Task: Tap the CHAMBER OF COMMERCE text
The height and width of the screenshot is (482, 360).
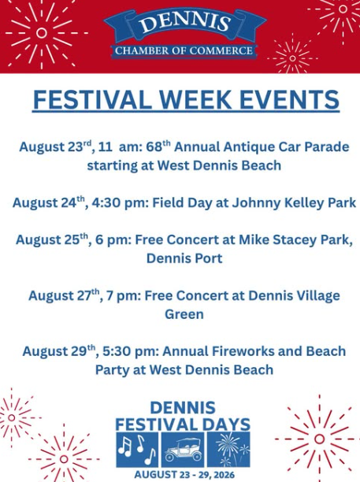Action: (x=184, y=50)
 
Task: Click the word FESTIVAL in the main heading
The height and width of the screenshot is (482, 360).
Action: (x=92, y=99)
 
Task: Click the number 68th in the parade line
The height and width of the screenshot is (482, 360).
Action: (x=158, y=146)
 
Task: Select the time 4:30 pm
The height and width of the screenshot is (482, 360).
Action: (x=117, y=203)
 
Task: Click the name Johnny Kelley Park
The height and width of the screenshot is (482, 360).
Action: (x=294, y=203)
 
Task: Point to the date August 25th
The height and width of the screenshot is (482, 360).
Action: (x=52, y=239)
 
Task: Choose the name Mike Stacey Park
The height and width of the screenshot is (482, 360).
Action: (x=295, y=240)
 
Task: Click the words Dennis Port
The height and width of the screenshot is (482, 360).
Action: (x=184, y=258)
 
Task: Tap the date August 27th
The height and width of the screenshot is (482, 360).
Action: (x=64, y=295)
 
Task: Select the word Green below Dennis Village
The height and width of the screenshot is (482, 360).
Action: (x=184, y=314)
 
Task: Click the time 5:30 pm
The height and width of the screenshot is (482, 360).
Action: (x=128, y=351)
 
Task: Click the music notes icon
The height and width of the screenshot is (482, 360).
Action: (x=137, y=449)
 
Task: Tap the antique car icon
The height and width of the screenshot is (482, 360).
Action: (x=183, y=449)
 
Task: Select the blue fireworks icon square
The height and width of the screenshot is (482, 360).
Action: (x=228, y=449)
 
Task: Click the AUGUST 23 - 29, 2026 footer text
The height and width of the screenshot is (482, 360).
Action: (x=184, y=475)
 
